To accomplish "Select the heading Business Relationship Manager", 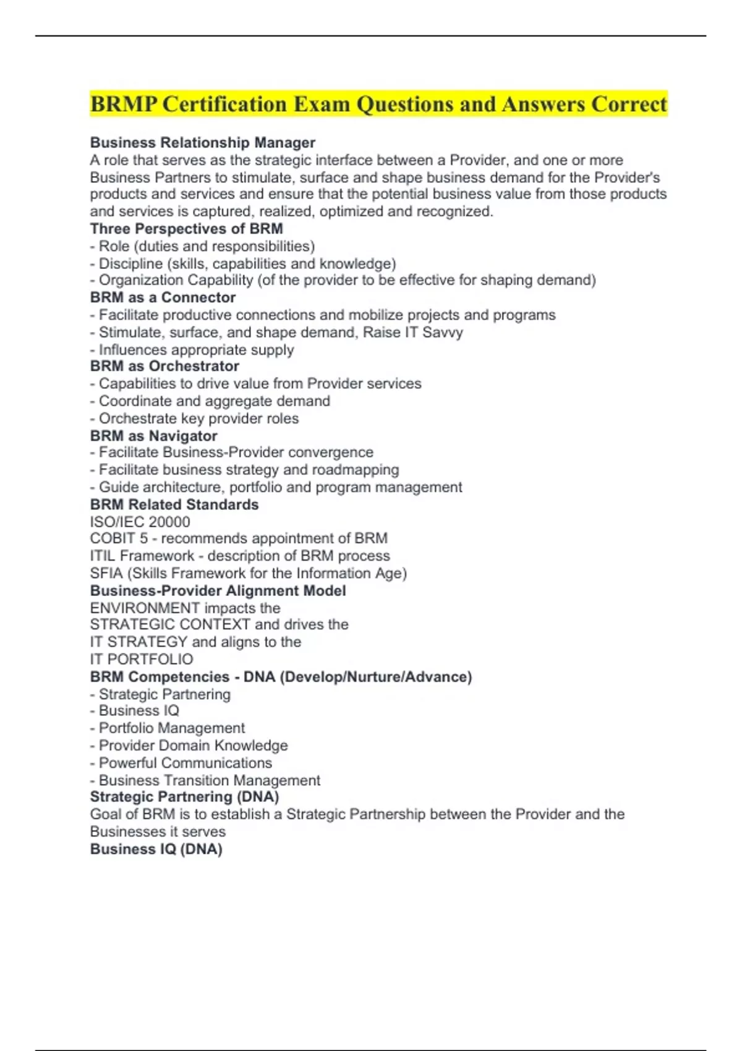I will (x=203, y=143).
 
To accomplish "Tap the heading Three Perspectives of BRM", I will (x=186, y=229).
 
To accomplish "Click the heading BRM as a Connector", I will (x=163, y=297).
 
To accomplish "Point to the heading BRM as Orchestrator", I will (x=164, y=366).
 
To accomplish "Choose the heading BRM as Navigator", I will (x=153, y=436).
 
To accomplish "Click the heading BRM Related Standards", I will (x=174, y=504).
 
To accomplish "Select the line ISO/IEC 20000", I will (x=140, y=522).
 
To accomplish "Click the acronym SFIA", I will (x=106, y=573).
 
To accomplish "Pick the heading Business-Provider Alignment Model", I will (x=218, y=590).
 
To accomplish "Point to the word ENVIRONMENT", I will (x=145, y=608).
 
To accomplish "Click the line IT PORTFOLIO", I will (x=142, y=659).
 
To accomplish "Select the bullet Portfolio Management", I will (x=171, y=728).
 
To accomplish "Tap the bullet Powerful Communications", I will (x=185, y=763).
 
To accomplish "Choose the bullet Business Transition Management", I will (x=209, y=780).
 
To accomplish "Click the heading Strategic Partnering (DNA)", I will (x=184, y=797).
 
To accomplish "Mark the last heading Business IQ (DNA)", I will (x=156, y=849).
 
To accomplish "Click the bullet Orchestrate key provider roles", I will (x=198, y=419).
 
